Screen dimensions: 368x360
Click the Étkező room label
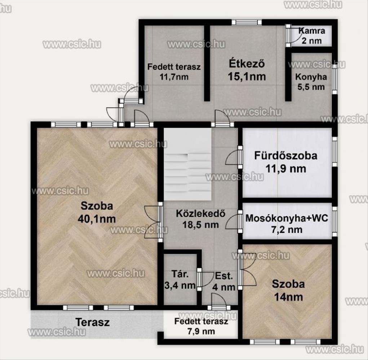tap(247, 63)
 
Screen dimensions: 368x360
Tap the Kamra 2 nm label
tap(312, 36)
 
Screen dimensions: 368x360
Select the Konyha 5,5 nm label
tap(311, 82)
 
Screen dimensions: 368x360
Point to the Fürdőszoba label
tap(285, 156)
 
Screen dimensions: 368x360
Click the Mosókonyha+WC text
tap(287, 218)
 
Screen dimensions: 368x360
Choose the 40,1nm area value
tap(97, 219)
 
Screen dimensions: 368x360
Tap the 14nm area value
tap(288, 297)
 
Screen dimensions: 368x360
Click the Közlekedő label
tap(201, 213)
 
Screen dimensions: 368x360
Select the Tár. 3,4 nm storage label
tap(180, 280)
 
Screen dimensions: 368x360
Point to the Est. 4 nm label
tap(224, 282)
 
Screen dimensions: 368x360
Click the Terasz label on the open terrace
tap(93, 322)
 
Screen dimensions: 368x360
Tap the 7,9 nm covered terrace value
tap(201, 331)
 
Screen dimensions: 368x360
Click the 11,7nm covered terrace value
tap(174, 77)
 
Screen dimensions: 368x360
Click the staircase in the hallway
tap(187, 164)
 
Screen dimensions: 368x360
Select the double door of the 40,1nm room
tap(153, 222)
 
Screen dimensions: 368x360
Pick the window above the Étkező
tap(246, 22)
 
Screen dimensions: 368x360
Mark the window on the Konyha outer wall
tap(335, 79)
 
